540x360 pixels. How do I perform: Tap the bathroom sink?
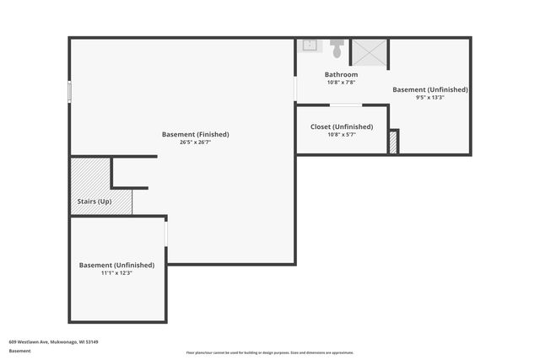(x=309, y=46)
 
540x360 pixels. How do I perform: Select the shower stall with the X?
(x=369, y=51)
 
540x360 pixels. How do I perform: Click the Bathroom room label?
(x=341, y=75)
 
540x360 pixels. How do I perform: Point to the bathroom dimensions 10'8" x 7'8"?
(x=341, y=83)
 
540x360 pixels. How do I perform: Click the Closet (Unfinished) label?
(x=341, y=126)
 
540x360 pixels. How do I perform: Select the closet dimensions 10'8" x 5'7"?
(x=341, y=134)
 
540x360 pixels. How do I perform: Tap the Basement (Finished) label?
(x=195, y=134)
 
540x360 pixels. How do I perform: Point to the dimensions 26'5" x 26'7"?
(x=195, y=142)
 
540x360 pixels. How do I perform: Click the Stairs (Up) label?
(x=94, y=201)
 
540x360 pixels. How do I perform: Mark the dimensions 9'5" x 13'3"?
(x=430, y=97)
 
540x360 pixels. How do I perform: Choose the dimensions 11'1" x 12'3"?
(x=117, y=273)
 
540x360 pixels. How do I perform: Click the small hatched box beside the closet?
(x=392, y=142)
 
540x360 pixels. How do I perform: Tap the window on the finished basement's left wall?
(x=70, y=90)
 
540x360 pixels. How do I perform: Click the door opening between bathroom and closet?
(x=346, y=105)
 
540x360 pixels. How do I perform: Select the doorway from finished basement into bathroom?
(x=295, y=89)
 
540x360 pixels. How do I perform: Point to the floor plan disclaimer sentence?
(x=270, y=352)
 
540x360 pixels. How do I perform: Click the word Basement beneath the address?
(x=19, y=350)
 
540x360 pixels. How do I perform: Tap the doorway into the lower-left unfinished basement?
(x=166, y=232)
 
